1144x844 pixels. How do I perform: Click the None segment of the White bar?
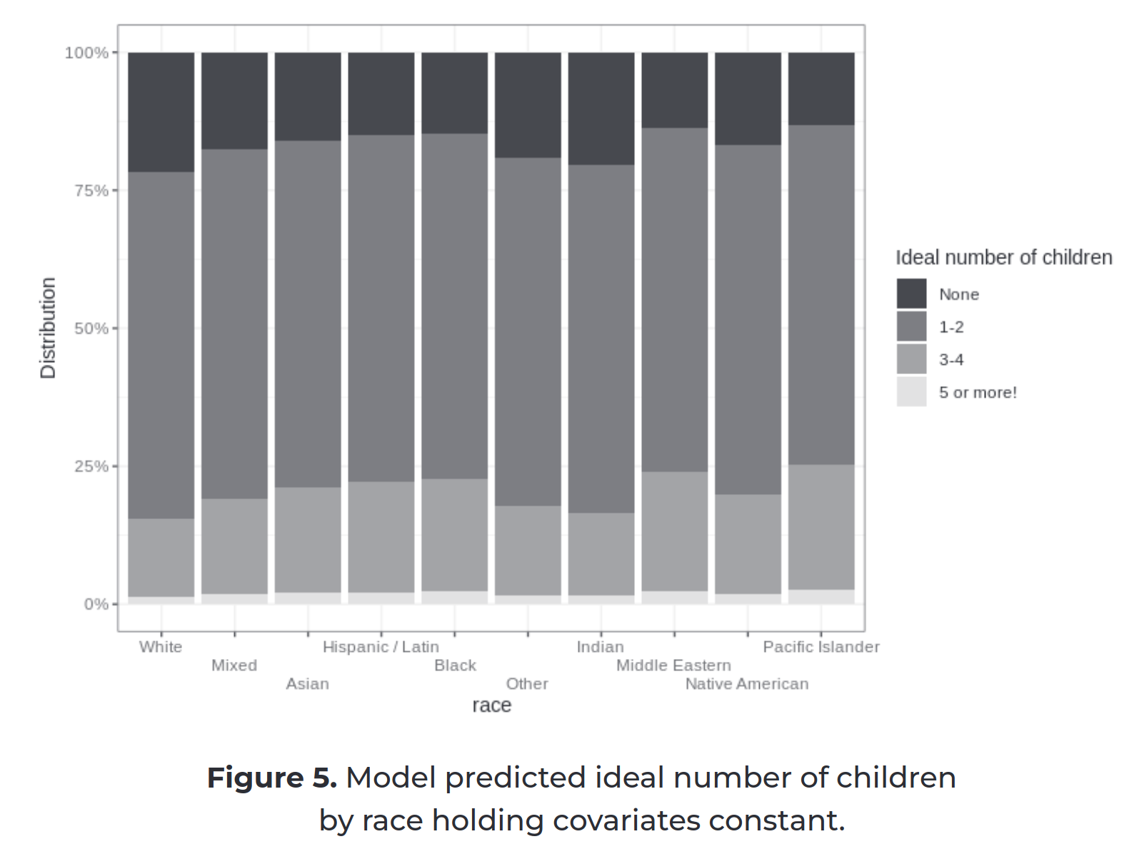click(x=161, y=111)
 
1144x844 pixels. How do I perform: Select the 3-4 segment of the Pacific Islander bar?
click(x=821, y=527)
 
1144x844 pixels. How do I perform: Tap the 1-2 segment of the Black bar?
click(x=454, y=306)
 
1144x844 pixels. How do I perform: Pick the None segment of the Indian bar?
click(x=601, y=109)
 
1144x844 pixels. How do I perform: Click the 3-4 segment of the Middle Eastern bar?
click(x=674, y=531)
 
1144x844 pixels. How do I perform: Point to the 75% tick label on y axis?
click(x=91, y=191)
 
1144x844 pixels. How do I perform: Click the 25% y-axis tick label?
click(x=91, y=466)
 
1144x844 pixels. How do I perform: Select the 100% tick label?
click(x=86, y=53)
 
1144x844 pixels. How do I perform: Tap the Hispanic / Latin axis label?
click(x=381, y=647)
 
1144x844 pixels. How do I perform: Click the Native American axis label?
click(x=746, y=684)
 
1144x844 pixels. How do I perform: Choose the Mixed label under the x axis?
click(x=234, y=665)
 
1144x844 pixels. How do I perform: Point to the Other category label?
click(x=527, y=684)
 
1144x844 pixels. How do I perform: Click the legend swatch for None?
click(x=911, y=293)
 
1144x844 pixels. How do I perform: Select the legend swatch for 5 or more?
click(x=911, y=392)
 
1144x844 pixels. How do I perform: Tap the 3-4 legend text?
click(x=950, y=360)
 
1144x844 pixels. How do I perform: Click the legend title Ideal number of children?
click(x=1003, y=257)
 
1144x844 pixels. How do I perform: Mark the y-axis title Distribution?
click(x=48, y=328)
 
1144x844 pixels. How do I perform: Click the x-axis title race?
click(x=491, y=705)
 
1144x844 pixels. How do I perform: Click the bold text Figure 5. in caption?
click(x=271, y=778)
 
